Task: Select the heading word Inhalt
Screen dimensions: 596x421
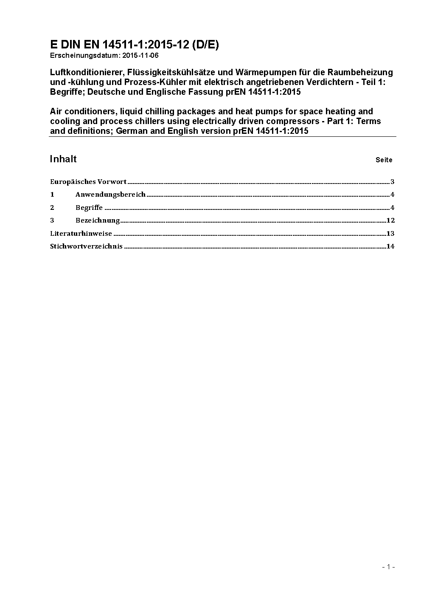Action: [x=63, y=159]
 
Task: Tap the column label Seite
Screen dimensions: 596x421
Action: [x=384, y=160]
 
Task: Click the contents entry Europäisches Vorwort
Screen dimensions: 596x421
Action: [x=88, y=182]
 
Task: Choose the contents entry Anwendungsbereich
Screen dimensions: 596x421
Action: [x=110, y=195]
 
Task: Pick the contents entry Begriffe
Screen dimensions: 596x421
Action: [x=89, y=208]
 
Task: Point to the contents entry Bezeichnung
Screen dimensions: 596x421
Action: [x=98, y=220]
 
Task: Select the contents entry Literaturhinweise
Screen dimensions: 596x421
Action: [x=81, y=233]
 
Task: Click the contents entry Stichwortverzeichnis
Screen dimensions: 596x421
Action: [x=86, y=246]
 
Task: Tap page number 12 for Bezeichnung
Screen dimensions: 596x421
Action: [x=390, y=220]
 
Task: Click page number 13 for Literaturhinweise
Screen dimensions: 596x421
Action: [x=390, y=233]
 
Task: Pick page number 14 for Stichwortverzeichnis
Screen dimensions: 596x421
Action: [x=390, y=246]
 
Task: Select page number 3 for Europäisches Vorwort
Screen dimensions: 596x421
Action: [x=393, y=182]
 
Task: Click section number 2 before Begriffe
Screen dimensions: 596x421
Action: [x=52, y=208]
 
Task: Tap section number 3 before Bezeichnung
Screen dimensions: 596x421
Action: [x=52, y=220]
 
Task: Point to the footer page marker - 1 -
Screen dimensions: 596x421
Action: [x=388, y=567]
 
